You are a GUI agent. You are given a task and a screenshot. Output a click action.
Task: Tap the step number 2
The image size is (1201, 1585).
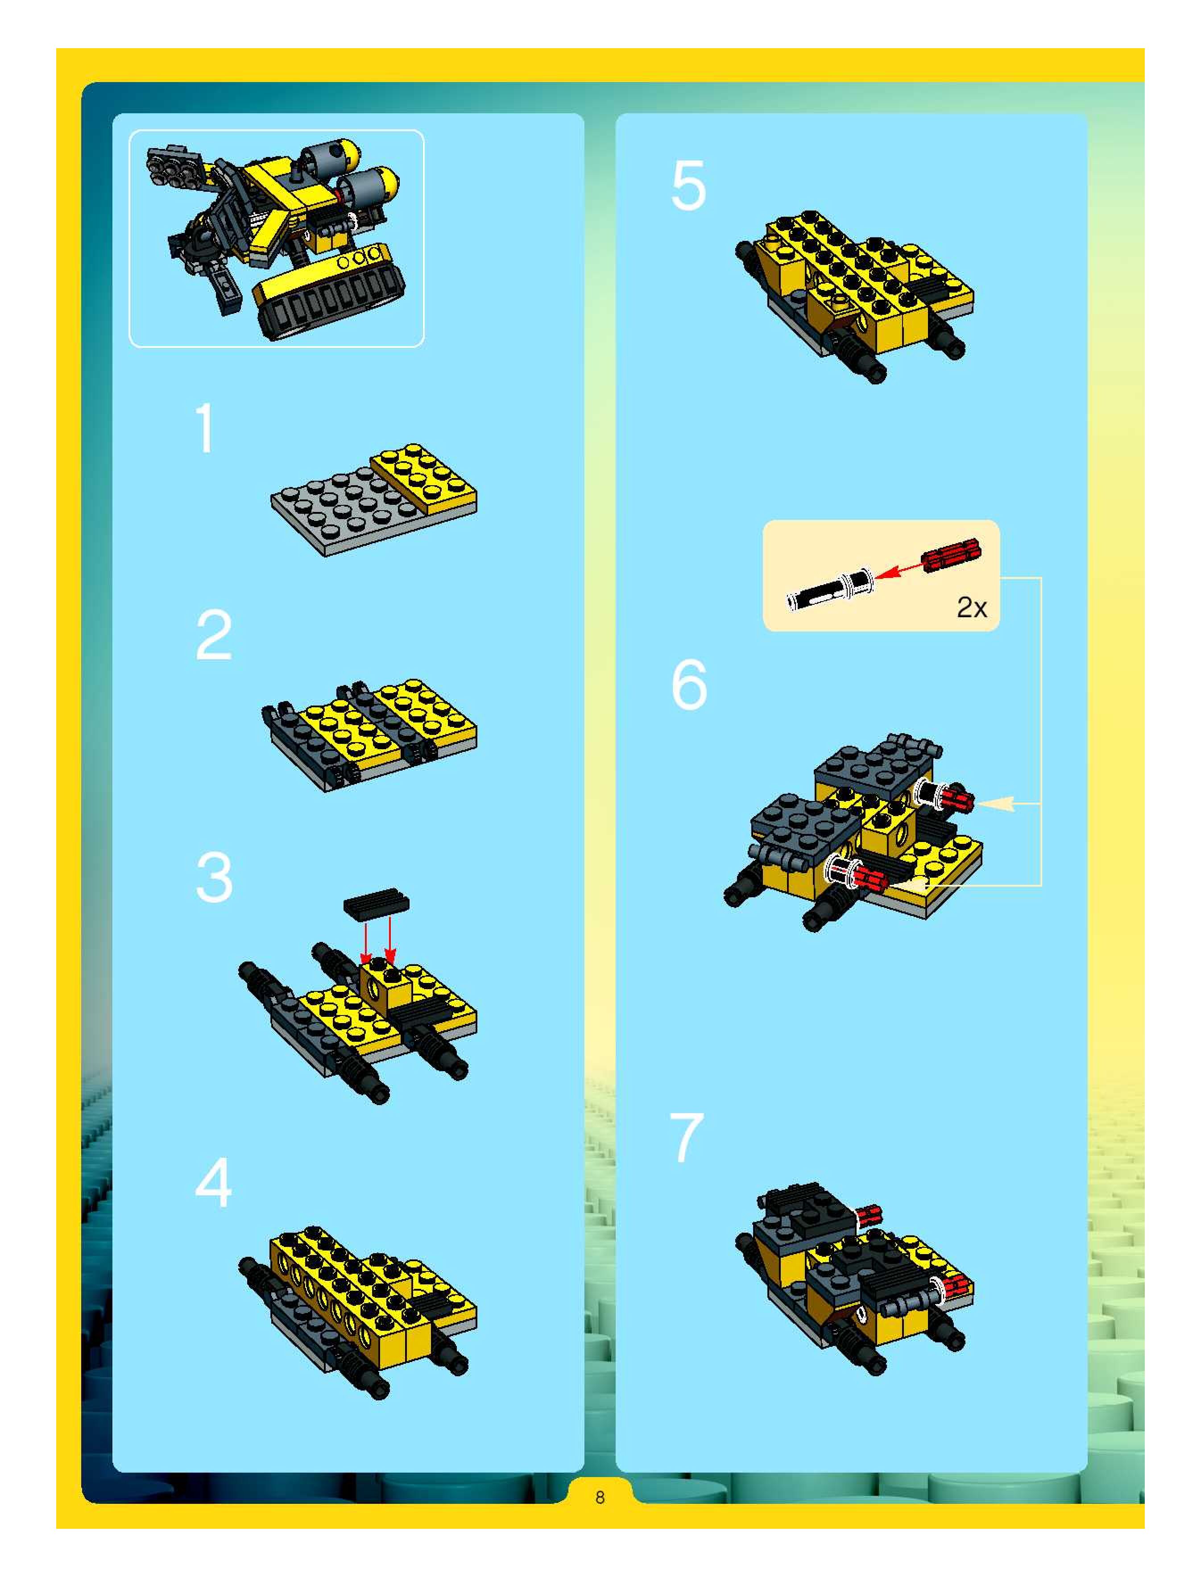coord(214,635)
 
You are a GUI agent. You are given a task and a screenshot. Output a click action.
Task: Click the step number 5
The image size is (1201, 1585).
coord(688,185)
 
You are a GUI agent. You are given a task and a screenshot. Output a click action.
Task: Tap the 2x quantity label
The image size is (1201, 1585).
coord(972,607)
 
